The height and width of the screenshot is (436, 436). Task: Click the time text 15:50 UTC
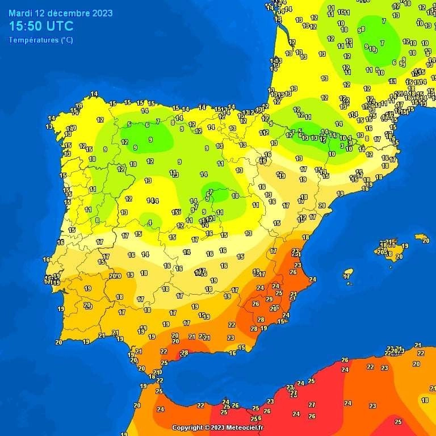[41, 26]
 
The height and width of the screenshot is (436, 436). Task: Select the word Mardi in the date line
[20, 13]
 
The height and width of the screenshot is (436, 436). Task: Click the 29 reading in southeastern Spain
[269, 299]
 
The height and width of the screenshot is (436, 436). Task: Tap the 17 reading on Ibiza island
[347, 276]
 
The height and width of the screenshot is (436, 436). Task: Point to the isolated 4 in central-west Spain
[149, 223]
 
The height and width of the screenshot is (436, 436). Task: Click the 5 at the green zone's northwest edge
[129, 124]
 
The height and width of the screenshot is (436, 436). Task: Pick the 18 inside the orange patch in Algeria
[425, 400]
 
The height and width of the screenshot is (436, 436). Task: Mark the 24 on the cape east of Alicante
[312, 279]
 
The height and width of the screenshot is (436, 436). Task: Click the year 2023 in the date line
[102, 13]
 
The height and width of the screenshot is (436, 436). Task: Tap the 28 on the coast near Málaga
[184, 353]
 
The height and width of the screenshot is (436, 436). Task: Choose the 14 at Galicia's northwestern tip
[94, 94]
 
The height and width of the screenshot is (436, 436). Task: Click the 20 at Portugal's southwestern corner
[58, 342]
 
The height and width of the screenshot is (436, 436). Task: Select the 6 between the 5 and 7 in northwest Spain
[146, 125]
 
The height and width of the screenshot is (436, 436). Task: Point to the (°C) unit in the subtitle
[66, 40]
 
